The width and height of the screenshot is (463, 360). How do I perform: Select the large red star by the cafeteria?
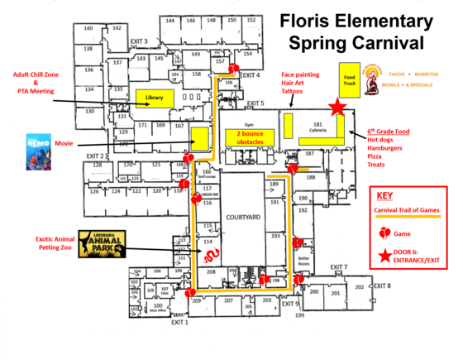click(x=337, y=108)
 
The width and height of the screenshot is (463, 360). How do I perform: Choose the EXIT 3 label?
click(x=139, y=41)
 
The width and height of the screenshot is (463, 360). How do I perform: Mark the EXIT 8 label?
click(x=381, y=286)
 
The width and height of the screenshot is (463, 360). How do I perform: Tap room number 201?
click(x=335, y=294)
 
